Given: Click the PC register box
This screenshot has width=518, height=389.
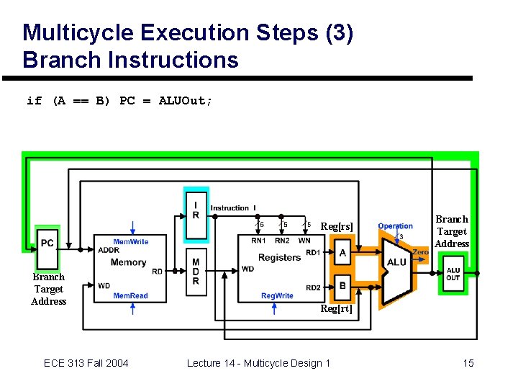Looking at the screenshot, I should point(47,243).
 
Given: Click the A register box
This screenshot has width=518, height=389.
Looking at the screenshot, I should point(342,253).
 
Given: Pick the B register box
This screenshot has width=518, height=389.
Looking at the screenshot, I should point(342,286).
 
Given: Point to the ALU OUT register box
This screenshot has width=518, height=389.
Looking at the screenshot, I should point(453,274).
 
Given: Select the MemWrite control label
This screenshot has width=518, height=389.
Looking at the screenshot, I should point(130,241).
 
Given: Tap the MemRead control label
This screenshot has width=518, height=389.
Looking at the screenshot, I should point(130,295).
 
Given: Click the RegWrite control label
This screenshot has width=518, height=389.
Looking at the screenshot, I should point(277,295).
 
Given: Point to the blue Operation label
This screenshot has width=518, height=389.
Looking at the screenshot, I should point(395,226).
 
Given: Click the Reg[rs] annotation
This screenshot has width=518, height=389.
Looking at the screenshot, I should point(337,227).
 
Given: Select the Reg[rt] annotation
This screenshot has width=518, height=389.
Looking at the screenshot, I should point(336,309).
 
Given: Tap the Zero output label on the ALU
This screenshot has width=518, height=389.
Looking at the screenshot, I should point(420,252).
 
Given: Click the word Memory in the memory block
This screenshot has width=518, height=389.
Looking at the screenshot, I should point(129,262).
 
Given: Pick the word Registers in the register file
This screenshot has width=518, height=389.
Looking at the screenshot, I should point(279,257).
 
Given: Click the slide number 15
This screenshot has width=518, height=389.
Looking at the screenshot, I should point(468,363).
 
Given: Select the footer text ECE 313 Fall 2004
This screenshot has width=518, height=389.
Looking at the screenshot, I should point(86,363).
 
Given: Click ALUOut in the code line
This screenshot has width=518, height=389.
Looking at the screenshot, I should point(185,101).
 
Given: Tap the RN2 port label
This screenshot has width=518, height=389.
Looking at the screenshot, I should point(281,241).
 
